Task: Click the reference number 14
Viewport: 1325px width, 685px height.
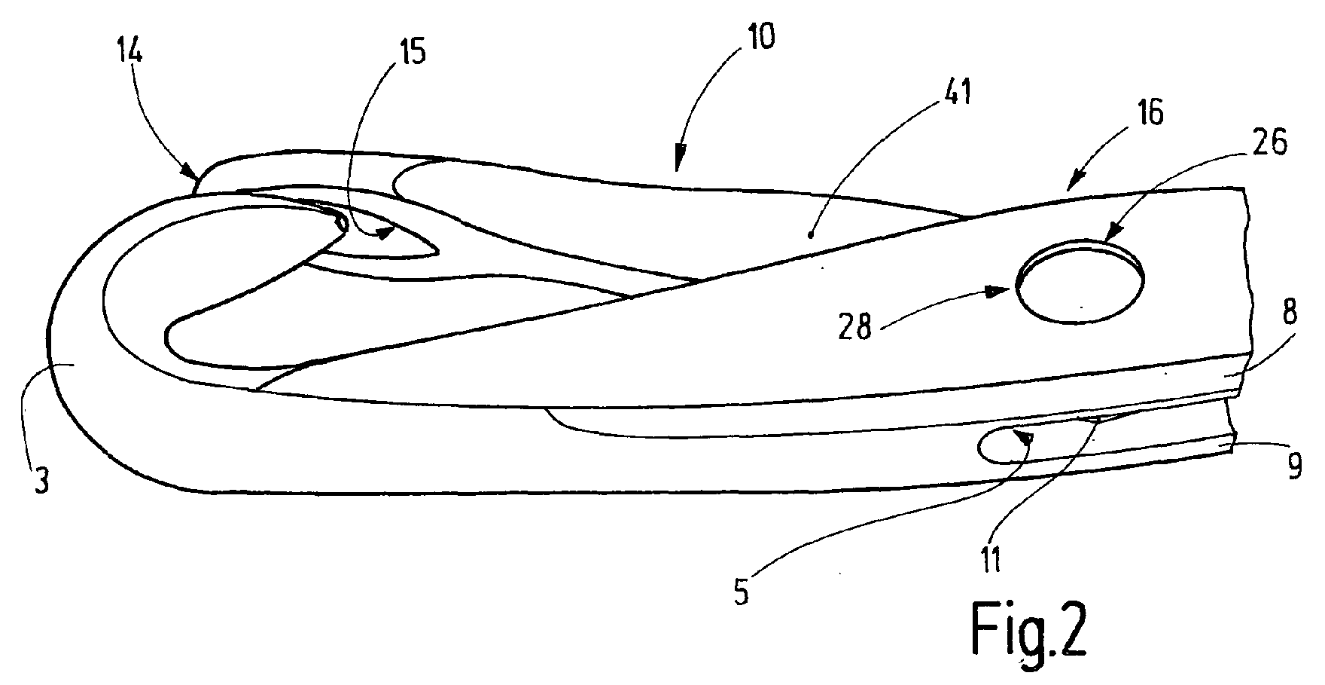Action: (130, 54)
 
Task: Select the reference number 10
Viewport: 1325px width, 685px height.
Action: (760, 37)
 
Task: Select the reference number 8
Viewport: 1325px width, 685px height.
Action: (1290, 314)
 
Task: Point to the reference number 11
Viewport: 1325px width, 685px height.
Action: (990, 559)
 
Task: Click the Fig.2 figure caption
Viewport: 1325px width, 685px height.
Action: (1028, 629)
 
